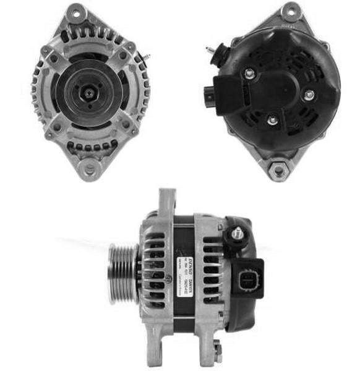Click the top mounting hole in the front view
(75, 12)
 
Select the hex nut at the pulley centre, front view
(90, 93)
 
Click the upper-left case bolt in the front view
(54, 59)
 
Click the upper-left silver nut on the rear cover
(249, 74)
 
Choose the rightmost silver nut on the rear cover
(309, 95)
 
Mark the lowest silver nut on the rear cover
(273, 119)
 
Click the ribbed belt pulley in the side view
(123, 273)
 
